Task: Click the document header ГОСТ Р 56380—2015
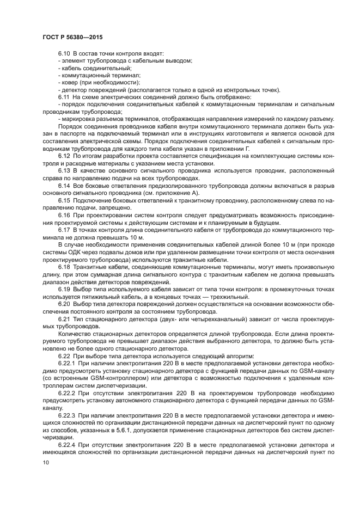(72, 36)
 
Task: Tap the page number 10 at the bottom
(45, 462)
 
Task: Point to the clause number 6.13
(64, 170)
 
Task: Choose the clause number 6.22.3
(66, 414)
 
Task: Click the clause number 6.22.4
(66, 444)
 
